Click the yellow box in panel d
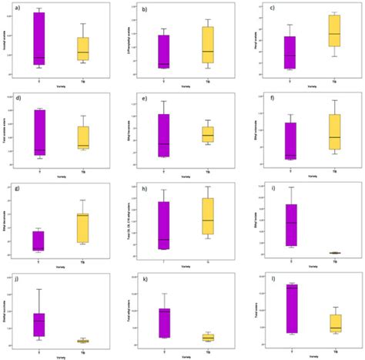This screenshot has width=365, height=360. [82, 137]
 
